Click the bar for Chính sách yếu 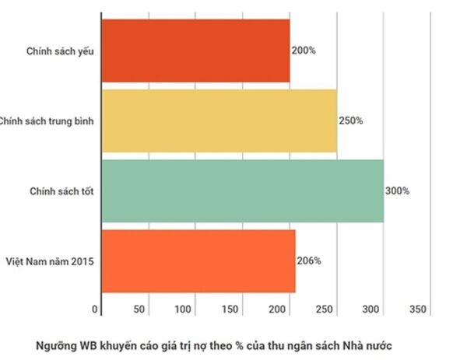pyautogui.click(x=195, y=51)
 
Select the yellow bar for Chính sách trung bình pyautogui.click(x=219, y=121)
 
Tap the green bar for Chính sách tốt pyautogui.click(x=242, y=190)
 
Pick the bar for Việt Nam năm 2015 pyautogui.click(x=198, y=261)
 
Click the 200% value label pyautogui.click(x=304, y=51)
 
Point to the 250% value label pyautogui.click(x=350, y=121)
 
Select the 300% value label pyautogui.click(x=397, y=190)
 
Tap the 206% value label pyautogui.click(x=308, y=261)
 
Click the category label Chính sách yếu pyautogui.click(x=60, y=51)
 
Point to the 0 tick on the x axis pyautogui.click(x=96, y=310)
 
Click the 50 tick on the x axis pyautogui.click(x=140, y=310)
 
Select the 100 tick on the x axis pyautogui.click(x=184, y=310)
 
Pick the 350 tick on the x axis pyautogui.click(x=418, y=310)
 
